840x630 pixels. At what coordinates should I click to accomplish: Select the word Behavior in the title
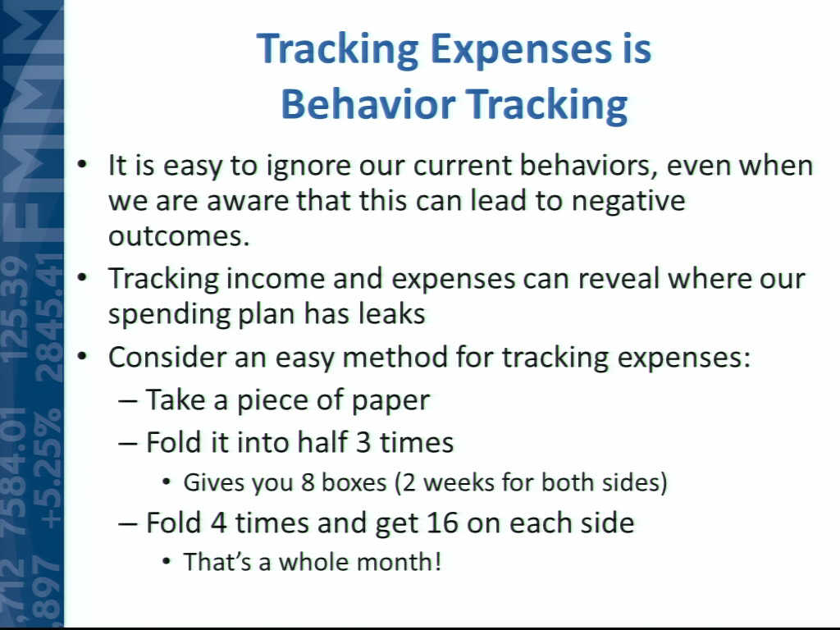pos(368,104)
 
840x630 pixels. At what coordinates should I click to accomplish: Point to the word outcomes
pos(179,235)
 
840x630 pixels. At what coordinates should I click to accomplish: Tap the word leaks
pos(391,314)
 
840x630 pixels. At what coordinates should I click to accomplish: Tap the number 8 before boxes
pos(308,482)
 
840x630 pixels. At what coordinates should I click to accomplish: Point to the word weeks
pos(459,482)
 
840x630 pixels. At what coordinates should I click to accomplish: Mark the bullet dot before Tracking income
pos(81,279)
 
